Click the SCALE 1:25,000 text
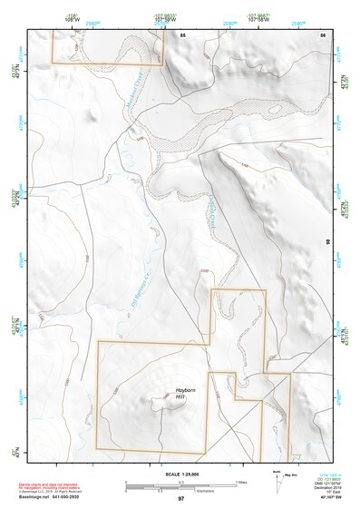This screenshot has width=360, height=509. click(x=181, y=474)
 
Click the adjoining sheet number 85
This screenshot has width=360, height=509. click(x=182, y=34)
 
